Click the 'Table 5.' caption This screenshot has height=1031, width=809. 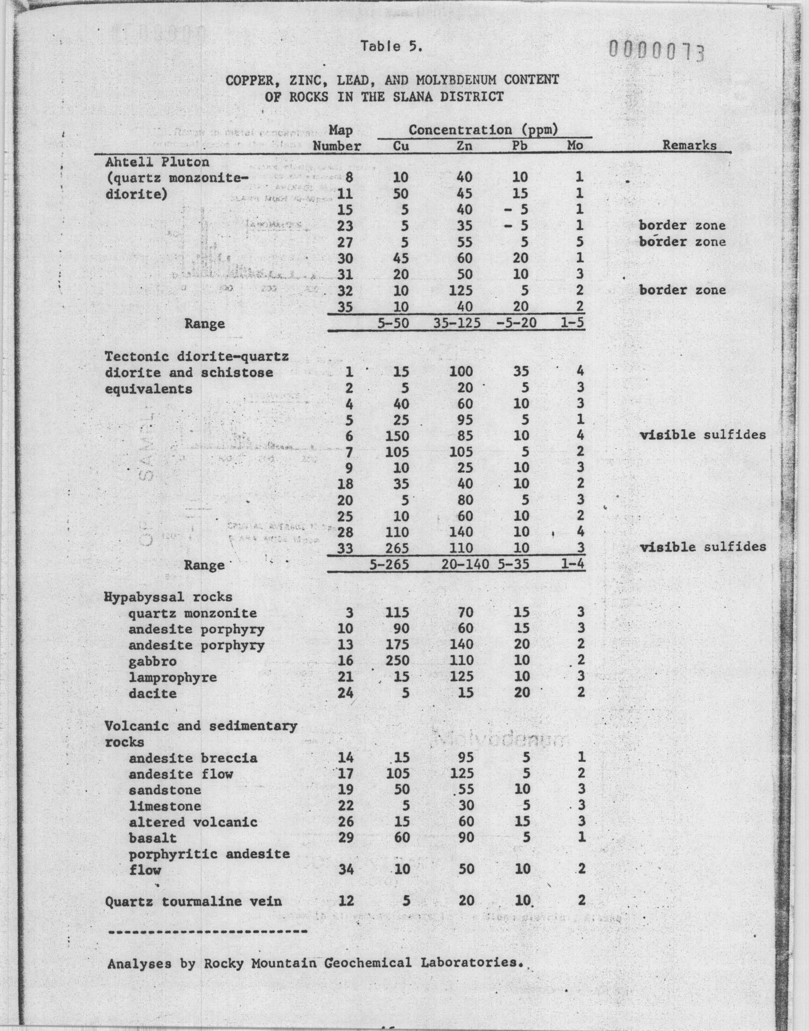[391, 46]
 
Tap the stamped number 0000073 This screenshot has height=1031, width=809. [656, 51]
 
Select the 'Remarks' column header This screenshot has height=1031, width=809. [689, 146]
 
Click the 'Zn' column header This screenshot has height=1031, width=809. [464, 146]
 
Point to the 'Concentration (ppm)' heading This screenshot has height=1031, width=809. [483, 130]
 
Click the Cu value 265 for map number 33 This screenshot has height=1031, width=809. [397, 548]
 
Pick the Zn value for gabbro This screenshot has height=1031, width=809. [462, 660]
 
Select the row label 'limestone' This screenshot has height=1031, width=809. [165, 806]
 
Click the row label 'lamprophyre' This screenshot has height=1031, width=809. [172, 677]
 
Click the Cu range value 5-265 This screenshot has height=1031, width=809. [389, 565]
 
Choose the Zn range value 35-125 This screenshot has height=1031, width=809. [457, 323]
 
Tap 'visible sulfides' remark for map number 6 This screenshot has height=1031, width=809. [703, 435]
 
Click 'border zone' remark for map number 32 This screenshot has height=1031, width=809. [682, 290]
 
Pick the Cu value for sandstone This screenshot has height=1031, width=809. [401, 789]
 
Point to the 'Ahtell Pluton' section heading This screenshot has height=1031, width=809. [157, 162]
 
